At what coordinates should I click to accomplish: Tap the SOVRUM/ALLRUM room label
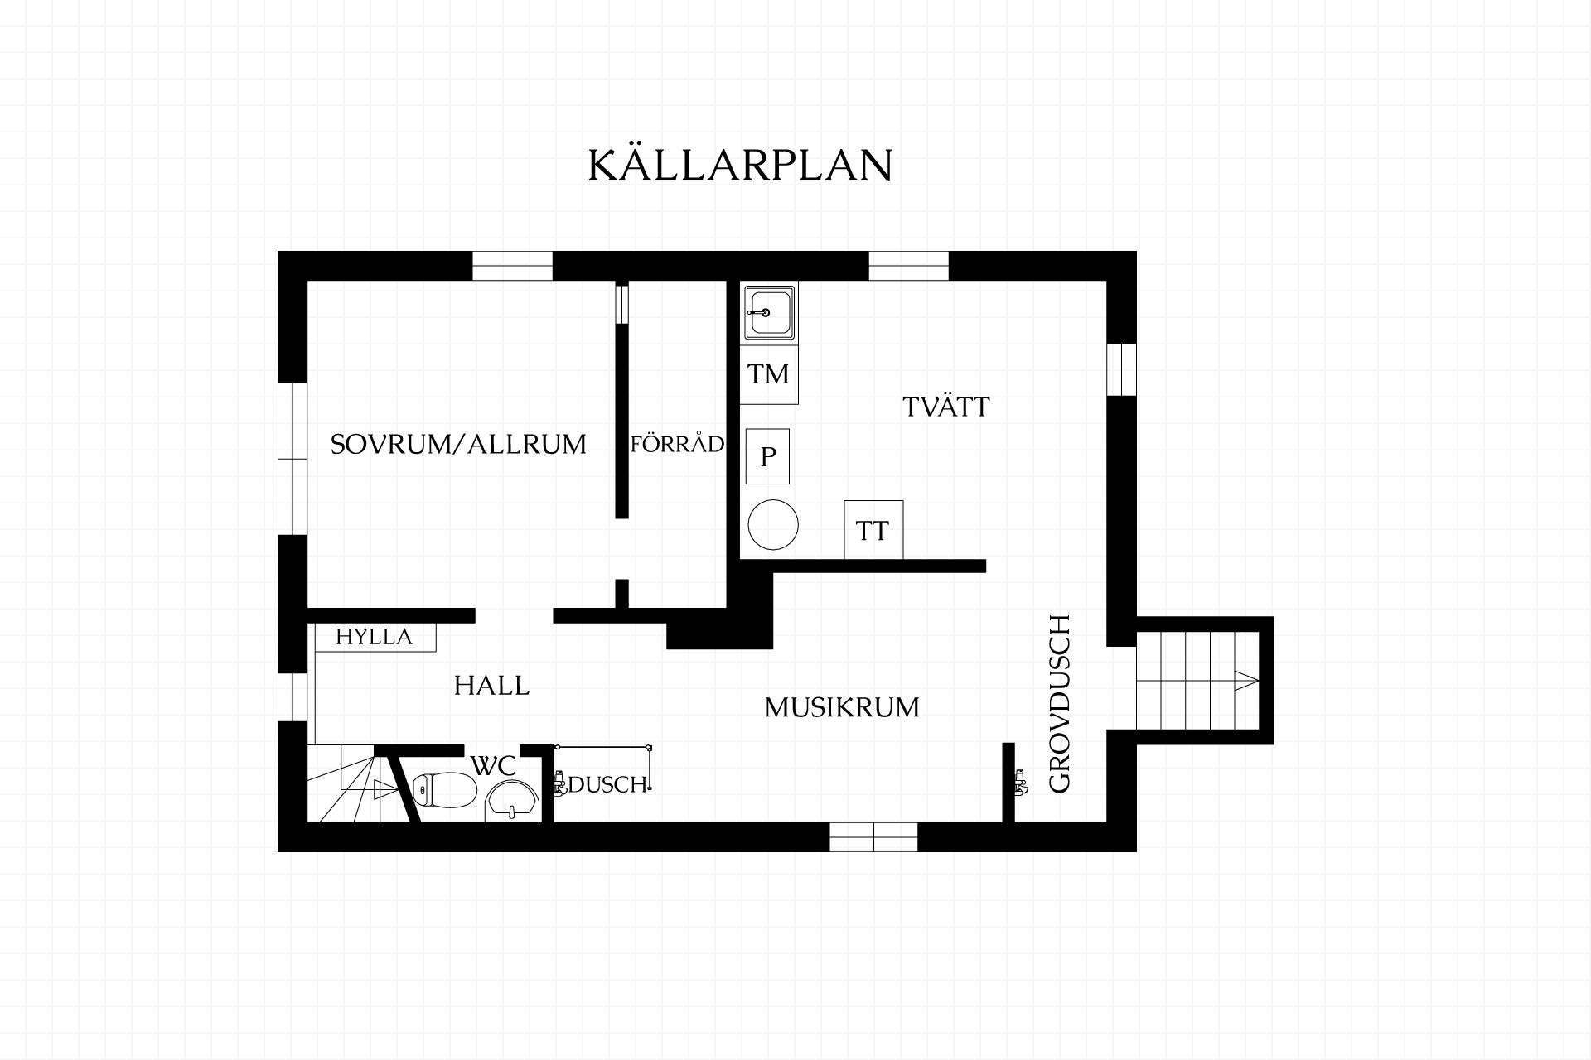458,445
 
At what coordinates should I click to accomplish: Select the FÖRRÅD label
677,444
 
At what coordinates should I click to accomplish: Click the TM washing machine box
769,374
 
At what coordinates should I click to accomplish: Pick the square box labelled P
767,456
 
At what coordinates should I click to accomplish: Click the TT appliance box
873,530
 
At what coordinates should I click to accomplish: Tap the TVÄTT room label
945,407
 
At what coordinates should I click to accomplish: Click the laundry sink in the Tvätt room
770,312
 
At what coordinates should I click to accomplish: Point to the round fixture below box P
773,524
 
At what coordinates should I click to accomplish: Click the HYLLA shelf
375,637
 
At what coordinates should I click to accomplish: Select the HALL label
491,686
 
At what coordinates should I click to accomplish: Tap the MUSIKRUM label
842,707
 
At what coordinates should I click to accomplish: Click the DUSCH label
607,785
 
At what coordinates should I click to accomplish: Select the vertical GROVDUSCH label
1060,704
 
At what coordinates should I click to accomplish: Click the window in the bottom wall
873,837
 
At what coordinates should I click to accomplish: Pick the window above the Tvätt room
908,266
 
